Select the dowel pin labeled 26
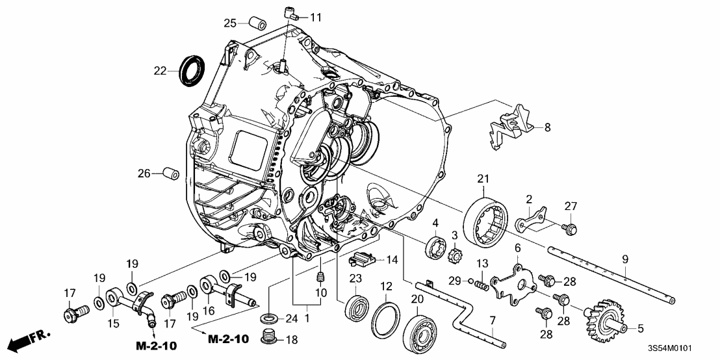tap(172, 174)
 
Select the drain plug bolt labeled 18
tap(267, 339)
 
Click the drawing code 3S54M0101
tap(678, 350)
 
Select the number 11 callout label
tap(315, 16)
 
